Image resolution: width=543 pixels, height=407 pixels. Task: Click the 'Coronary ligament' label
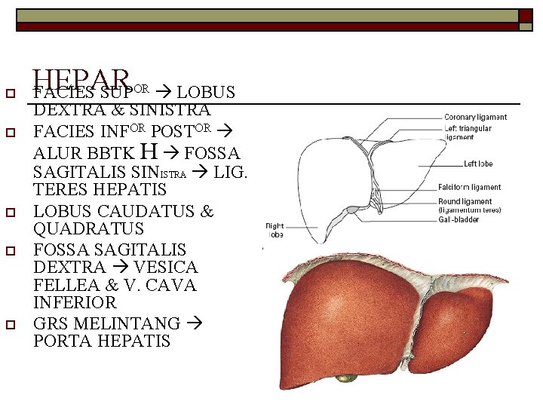pyautogui.click(x=475, y=118)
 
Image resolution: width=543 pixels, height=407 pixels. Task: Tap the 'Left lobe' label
pyautogui.click(x=477, y=164)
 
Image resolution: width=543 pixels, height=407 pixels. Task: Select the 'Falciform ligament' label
pyautogui.click(x=469, y=188)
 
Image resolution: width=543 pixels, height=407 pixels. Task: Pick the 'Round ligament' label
pyautogui.click(x=465, y=202)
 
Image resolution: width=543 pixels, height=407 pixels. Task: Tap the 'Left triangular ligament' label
pyautogui.click(x=467, y=133)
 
